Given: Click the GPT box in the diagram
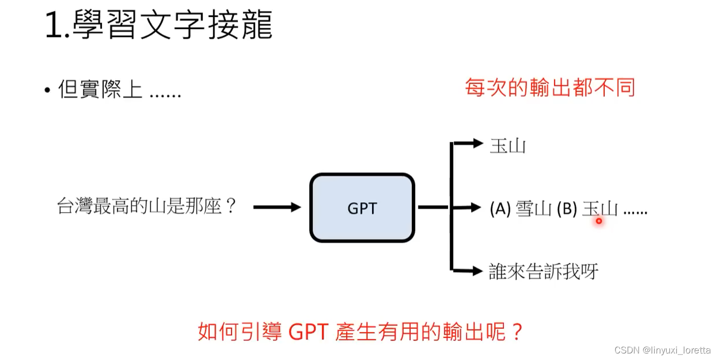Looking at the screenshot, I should pyautogui.click(x=362, y=208).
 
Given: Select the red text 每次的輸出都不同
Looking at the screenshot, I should pyautogui.click(x=550, y=88).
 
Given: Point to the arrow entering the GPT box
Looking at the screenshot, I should pyautogui.click(x=277, y=207).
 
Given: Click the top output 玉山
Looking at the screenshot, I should pyautogui.click(x=507, y=146).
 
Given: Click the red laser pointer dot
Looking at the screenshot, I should pyautogui.click(x=599, y=220).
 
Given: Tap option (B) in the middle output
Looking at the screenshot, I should pyautogui.click(x=567, y=209).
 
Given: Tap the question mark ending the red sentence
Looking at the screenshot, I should pyautogui.click(x=516, y=331).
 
